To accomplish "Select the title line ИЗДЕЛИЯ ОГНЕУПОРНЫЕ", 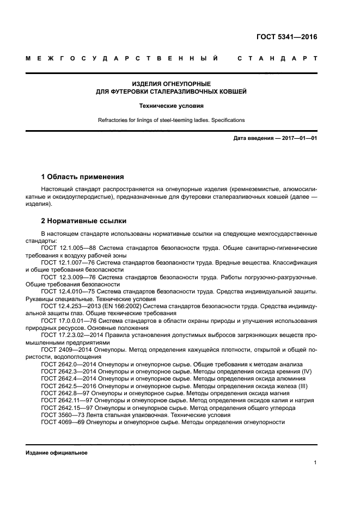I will (172, 84).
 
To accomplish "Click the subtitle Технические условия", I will (172, 106).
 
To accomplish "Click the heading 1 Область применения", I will (82, 177).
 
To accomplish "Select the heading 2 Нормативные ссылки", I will (84, 221).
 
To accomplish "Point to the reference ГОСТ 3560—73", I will (59, 414).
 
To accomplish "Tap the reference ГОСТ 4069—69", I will (59, 422).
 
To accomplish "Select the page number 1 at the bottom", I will (315, 463).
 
